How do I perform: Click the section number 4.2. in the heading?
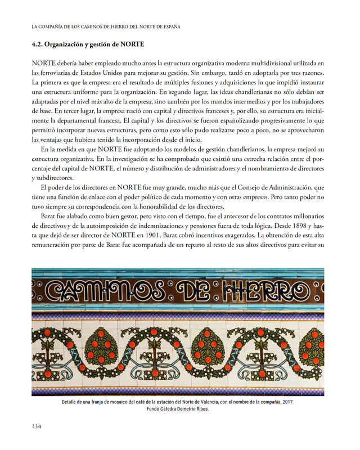[41, 44]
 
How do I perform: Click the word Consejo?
[243, 187]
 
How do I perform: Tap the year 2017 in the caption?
[286, 403]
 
